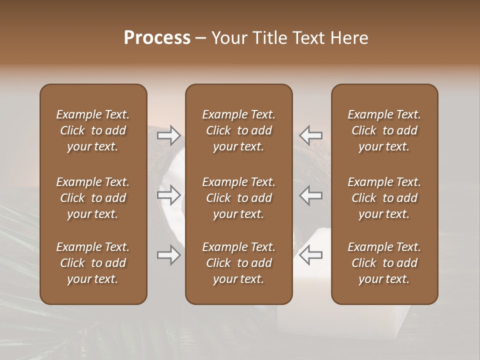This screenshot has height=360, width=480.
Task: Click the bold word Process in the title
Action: click(157, 38)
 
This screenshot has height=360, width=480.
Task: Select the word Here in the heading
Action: click(349, 38)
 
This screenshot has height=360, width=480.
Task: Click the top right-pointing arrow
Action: click(169, 134)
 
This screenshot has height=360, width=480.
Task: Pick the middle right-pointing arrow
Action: click(169, 195)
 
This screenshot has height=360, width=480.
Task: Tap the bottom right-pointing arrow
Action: click(169, 255)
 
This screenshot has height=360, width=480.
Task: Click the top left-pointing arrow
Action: click(310, 134)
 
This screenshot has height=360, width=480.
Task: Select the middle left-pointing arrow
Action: click(310, 195)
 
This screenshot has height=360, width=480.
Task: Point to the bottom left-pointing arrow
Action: click(310, 255)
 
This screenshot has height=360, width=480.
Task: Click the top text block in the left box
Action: click(93, 130)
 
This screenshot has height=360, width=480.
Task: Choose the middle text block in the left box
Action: click(93, 198)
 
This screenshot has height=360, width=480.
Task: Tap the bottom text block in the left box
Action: click(93, 263)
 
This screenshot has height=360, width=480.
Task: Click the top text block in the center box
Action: click(239, 130)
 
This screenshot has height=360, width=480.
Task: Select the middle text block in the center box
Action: click(239, 198)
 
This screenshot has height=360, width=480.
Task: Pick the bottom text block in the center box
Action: click(239, 263)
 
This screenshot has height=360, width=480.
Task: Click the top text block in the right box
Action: click(384, 130)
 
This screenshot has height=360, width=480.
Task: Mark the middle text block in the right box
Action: click(384, 198)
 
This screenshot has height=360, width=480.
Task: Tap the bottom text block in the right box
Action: click(384, 263)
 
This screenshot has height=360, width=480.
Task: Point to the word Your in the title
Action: click(228, 38)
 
